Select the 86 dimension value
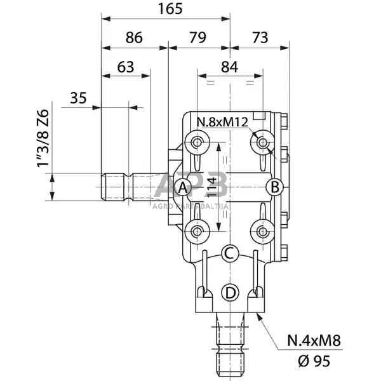[x=134, y=37]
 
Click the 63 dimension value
[x=126, y=66]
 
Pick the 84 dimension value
[x=231, y=66]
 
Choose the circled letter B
[x=274, y=187]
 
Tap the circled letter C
[x=230, y=254]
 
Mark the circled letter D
[x=230, y=293]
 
